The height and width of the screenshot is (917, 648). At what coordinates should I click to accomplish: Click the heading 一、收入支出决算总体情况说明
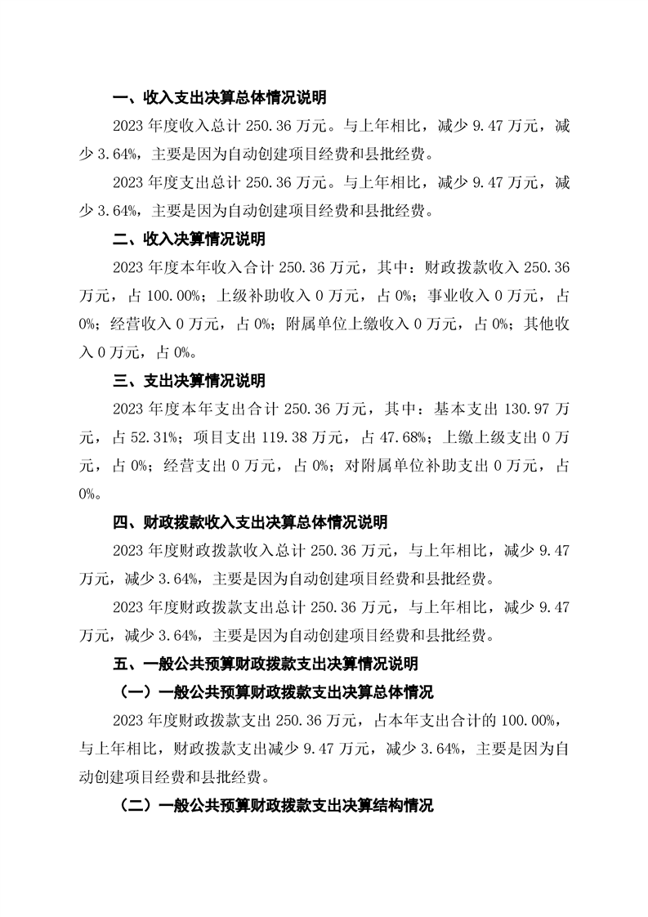(x=219, y=99)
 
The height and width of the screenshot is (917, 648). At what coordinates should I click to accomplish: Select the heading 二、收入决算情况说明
(x=188, y=240)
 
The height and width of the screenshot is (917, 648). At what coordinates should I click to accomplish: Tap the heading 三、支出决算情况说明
(x=188, y=381)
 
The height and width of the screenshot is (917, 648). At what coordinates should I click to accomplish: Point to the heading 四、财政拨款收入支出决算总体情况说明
(x=249, y=522)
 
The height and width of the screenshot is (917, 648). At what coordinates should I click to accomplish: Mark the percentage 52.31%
(x=154, y=438)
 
